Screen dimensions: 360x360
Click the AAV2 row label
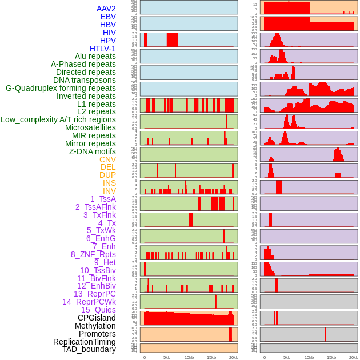click(x=106, y=9)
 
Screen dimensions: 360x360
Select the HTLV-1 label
click(x=103, y=49)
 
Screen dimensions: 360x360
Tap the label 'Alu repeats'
click(x=95, y=57)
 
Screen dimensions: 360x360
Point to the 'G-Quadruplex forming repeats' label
click(x=61, y=88)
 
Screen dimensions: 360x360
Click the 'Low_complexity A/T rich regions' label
click(x=58, y=119)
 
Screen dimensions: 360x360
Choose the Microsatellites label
click(x=90, y=127)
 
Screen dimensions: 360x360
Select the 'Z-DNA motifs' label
click(x=93, y=151)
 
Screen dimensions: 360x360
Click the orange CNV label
click(x=107, y=159)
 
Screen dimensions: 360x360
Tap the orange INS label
click(x=109, y=183)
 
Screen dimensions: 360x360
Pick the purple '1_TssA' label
click(x=103, y=199)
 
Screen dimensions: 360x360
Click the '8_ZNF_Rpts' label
click(x=93, y=254)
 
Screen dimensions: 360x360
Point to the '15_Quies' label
click(x=98, y=310)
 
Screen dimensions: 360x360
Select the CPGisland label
click(x=97, y=318)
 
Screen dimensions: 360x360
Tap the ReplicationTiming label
click(x=85, y=342)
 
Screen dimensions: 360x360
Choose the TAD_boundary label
click(x=89, y=349)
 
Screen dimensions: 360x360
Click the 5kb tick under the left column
click(x=167, y=357)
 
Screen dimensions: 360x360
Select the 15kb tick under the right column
click(x=331, y=357)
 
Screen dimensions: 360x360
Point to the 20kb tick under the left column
click(x=234, y=357)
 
